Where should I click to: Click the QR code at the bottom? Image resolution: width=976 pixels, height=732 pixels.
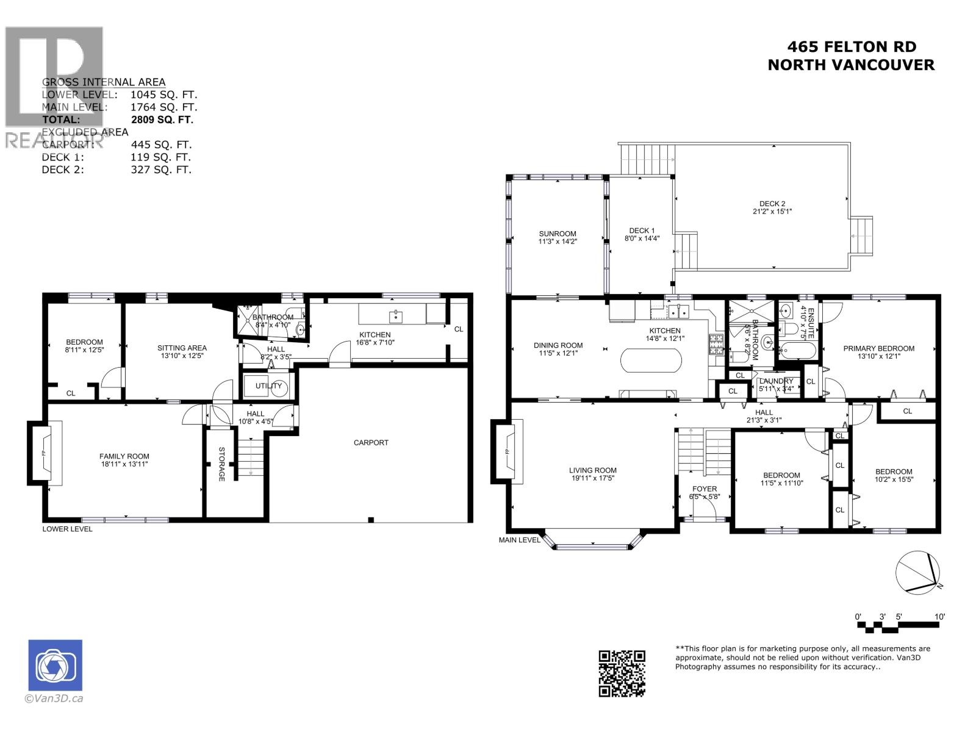(x=622, y=673)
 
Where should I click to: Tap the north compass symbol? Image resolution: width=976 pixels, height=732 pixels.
(x=919, y=572)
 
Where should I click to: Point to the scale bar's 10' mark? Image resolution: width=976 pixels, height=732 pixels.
(x=939, y=617)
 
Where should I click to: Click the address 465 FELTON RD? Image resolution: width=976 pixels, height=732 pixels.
(x=852, y=47)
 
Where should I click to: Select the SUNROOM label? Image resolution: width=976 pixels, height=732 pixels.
(x=557, y=234)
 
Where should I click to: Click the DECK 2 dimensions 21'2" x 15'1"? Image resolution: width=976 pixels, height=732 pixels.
(x=772, y=212)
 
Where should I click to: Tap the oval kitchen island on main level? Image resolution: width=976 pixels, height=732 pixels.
(x=651, y=361)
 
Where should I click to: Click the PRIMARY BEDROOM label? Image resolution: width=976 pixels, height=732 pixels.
(x=878, y=348)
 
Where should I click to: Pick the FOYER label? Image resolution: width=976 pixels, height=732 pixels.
(x=705, y=489)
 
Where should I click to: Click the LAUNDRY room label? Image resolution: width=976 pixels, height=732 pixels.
(x=776, y=381)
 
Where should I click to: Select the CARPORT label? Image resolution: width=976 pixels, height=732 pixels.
(x=371, y=442)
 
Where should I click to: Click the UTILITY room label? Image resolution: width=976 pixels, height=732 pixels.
(x=268, y=386)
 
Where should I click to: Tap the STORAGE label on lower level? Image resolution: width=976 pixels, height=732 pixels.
(x=221, y=464)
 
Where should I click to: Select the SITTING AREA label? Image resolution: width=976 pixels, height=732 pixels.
(x=182, y=348)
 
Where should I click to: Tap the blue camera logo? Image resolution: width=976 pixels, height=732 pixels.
(x=56, y=666)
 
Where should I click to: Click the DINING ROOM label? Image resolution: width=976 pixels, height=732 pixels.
(x=558, y=345)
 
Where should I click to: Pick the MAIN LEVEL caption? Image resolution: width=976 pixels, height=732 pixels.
(x=519, y=540)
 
